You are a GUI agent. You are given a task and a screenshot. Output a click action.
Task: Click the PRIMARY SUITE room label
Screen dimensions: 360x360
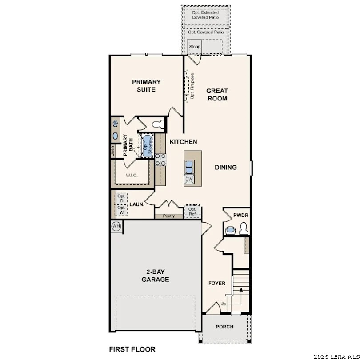tap(146, 86)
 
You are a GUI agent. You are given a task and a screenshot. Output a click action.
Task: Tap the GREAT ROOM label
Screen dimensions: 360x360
tap(217, 95)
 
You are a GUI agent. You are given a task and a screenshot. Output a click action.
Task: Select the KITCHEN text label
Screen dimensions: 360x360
tap(183, 142)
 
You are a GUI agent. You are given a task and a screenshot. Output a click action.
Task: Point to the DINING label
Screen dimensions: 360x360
tap(226, 168)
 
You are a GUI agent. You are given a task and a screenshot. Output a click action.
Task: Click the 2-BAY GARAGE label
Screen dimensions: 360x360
tap(155, 276)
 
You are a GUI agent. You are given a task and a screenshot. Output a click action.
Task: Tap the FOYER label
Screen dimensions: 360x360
tap(217, 283)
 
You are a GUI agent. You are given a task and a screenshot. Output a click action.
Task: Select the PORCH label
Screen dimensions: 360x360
tap(224, 327)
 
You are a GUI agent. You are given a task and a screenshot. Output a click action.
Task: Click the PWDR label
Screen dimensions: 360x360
tap(241, 215)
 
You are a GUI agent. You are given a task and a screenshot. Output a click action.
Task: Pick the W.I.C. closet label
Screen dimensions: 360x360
tap(132, 176)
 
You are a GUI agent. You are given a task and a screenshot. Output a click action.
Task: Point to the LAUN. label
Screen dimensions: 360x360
tap(136, 204)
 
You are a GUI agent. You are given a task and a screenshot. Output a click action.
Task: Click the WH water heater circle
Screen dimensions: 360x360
tap(116, 226)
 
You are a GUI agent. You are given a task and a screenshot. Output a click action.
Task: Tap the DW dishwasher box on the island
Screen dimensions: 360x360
tap(189, 179)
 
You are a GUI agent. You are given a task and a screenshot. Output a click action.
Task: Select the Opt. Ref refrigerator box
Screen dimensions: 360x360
tap(192, 212)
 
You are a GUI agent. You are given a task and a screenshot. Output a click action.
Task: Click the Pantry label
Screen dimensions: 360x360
tap(168, 216)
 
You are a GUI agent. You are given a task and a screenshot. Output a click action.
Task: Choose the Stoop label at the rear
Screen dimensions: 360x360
tap(195, 47)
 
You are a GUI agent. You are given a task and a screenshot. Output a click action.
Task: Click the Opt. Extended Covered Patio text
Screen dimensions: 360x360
tap(205, 15)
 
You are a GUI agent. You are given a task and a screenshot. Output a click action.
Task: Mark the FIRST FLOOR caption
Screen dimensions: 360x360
tap(132, 349)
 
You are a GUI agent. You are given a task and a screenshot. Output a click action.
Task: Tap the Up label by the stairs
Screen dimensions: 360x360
tap(223, 304)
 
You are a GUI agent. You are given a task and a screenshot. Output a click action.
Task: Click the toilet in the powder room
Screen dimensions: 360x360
tap(243, 228)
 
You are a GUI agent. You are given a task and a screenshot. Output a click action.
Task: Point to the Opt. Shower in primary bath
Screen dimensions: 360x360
tap(145, 145)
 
